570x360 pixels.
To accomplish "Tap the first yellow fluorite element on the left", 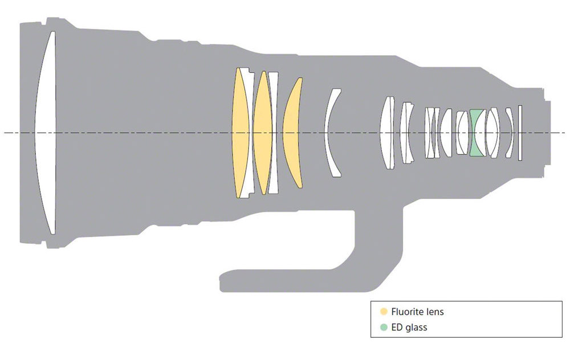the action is (x=240, y=133).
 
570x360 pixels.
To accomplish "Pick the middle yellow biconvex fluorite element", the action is (x=263, y=133).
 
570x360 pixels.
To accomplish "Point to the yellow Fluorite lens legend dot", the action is (x=384, y=312).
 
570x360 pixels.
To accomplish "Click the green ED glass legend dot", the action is (x=384, y=327).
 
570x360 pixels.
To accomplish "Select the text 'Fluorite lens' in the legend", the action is (x=418, y=312).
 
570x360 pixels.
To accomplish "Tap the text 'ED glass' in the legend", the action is (x=409, y=328).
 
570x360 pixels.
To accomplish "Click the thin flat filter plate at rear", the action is (x=520, y=133).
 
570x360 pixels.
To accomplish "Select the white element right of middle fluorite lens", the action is (x=274, y=133).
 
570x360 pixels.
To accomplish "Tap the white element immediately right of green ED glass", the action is (x=492, y=133).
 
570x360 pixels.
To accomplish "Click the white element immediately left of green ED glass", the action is (x=462, y=133).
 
